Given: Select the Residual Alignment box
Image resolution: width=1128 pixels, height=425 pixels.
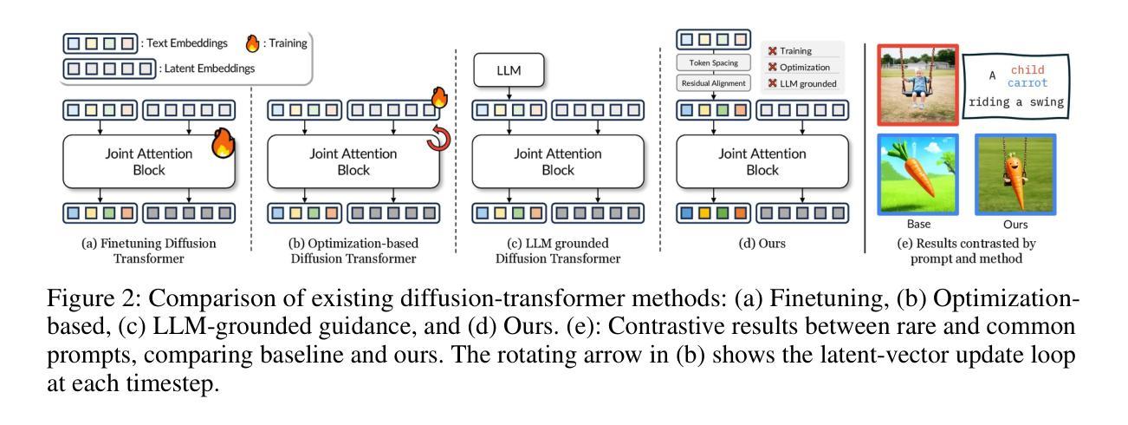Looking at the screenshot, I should pos(713,85).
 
